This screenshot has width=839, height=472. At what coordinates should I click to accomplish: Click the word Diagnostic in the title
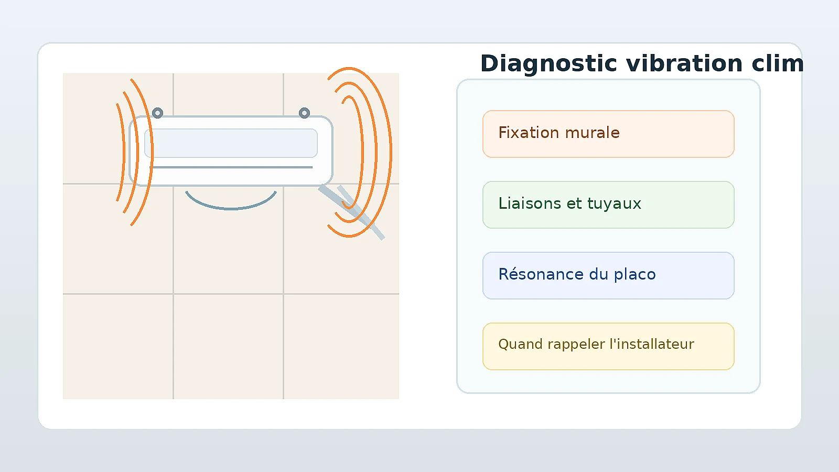pos(548,63)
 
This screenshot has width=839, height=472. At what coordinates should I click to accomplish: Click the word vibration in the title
pos(684,63)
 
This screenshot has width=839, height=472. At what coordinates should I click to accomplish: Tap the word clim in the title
pos(778,63)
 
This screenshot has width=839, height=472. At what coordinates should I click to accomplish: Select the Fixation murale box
pos(608,134)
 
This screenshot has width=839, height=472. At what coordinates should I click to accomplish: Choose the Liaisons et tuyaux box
pos(608,205)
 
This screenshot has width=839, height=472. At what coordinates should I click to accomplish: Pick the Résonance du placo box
pos(608,275)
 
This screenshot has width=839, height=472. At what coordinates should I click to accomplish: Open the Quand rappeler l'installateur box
pos(608,346)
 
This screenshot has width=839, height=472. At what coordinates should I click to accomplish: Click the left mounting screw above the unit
pos(158,113)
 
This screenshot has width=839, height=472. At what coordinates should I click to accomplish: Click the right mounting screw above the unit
pos(304,113)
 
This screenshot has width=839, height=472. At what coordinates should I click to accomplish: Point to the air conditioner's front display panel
pos(231,143)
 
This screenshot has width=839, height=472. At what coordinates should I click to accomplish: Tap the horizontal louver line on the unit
pos(231,167)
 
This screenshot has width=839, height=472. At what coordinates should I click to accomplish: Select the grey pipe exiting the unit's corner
pos(351,212)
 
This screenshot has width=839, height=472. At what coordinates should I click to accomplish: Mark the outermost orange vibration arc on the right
pos(391,152)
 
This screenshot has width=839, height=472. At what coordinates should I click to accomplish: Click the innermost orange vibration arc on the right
pos(362,152)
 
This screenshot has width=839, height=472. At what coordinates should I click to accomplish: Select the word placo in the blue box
pos(634,275)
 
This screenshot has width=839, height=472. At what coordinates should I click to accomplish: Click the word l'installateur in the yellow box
pos(652,344)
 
